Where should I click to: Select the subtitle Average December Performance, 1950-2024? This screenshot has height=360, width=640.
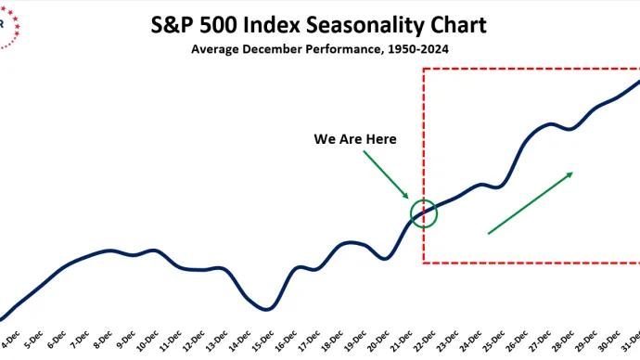[x=319, y=48]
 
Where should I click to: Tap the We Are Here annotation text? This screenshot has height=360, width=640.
[x=355, y=139]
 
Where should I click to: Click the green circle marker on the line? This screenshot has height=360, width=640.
[x=423, y=213]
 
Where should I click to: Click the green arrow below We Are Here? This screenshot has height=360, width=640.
[x=386, y=174]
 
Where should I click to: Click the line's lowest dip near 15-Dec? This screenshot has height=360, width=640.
[x=266, y=309]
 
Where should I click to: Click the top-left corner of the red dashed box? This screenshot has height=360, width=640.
[x=423, y=70]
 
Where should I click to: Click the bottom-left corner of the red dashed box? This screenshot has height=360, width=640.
[x=423, y=263]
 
